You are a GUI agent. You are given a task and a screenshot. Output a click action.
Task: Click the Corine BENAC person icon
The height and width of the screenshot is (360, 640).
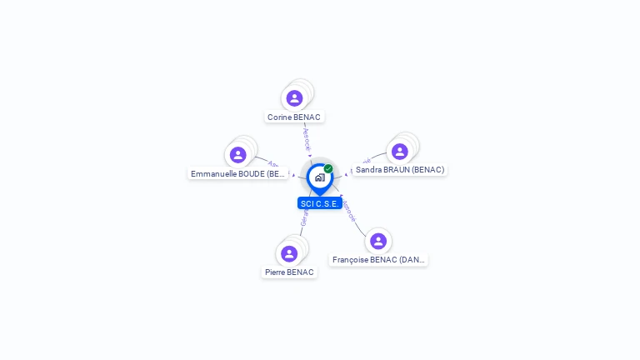(294, 98)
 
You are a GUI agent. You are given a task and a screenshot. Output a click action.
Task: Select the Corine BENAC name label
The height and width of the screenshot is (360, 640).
(294, 117)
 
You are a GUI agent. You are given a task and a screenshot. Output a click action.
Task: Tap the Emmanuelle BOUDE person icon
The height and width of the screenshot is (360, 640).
(238, 155)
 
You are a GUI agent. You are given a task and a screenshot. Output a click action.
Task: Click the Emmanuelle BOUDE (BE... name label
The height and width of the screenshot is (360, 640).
(238, 174)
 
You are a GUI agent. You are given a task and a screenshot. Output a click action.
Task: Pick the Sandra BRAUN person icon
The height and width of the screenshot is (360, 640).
(400, 151)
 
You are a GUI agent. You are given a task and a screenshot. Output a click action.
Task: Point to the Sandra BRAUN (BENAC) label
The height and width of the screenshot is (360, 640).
(400, 170)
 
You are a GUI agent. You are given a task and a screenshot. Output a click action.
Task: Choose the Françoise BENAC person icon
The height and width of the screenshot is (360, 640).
(378, 241)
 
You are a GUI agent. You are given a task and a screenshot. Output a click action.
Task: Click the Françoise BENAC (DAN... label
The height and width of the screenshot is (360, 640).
(379, 260)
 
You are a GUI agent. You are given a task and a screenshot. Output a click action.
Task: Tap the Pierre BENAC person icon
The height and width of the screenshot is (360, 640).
(289, 253)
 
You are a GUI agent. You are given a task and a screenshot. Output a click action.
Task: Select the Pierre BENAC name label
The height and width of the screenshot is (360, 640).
(289, 272)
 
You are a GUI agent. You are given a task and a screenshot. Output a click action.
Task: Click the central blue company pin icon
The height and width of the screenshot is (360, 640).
(319, 177)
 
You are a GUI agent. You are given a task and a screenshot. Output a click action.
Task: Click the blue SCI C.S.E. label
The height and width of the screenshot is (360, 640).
(320, 203)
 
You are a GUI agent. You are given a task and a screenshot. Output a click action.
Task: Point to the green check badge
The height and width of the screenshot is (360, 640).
(328, 169)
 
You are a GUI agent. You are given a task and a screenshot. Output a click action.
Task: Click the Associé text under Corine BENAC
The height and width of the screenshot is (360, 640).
(307, 138)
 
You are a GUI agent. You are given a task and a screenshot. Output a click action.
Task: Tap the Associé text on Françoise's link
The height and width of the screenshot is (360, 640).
(349, 208)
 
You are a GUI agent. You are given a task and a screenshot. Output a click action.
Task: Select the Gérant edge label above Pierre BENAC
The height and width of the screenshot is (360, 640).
(304, 217)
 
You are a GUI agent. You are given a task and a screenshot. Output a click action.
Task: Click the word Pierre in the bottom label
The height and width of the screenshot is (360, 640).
(276, 272)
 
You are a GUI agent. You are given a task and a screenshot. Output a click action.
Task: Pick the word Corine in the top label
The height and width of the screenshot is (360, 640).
(279, 117)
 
